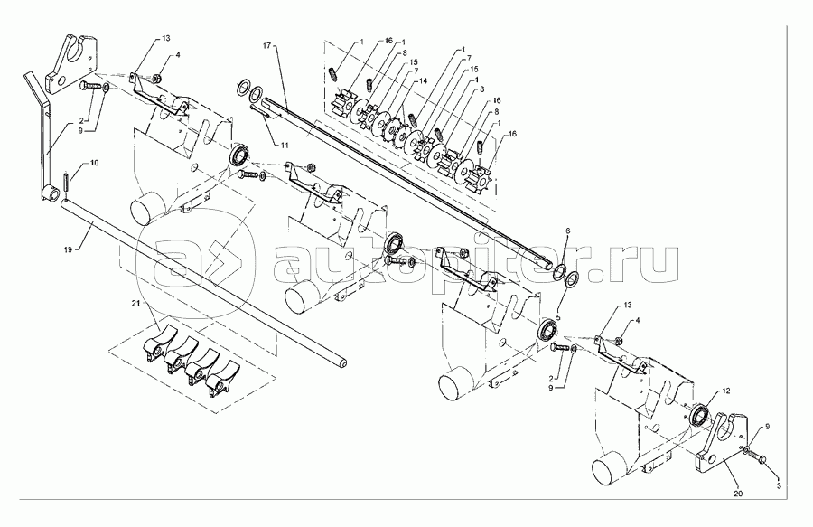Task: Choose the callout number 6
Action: (x=567, y=231)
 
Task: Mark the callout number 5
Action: (x=557, y=317)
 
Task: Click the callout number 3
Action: (x=780, y=486)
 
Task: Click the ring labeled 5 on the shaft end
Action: (x=572, y=280)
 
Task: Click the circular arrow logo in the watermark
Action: (x=201, y=262)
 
